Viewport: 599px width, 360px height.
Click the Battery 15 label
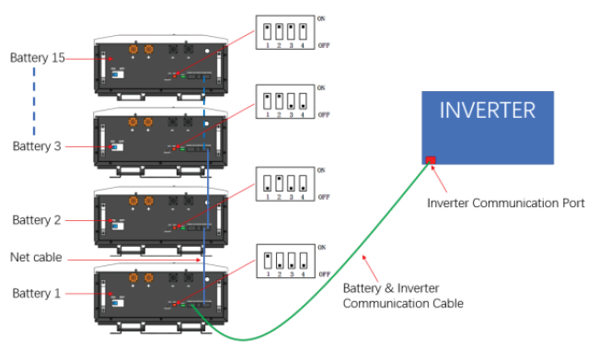pos(37,58)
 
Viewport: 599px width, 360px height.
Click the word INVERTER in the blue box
pos(487,111)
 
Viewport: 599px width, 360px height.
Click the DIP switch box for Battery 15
pos(283,31)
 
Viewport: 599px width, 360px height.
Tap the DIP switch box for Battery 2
pos(283,181)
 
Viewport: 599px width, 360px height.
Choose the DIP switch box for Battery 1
pos(283,261)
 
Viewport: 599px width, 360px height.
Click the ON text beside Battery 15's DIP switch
pos(321,17)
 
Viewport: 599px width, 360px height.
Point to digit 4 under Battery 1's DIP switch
pos(303,276)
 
